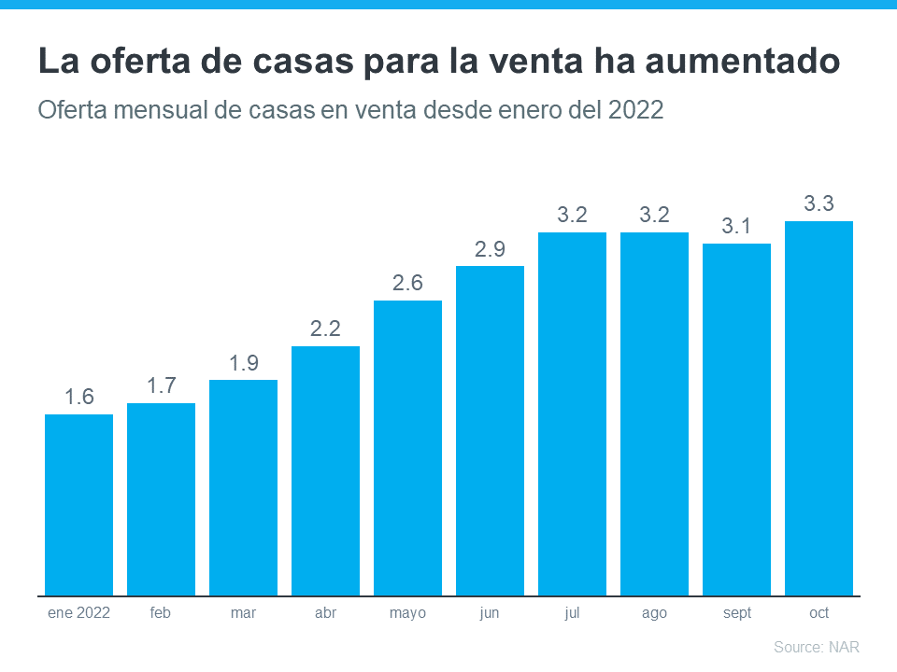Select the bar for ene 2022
click(78, 504)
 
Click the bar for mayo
click(407, 448)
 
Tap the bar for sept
click(736, 419)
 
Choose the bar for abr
click(325, 470)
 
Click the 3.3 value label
click(819, 203)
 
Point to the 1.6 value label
click(78, 397)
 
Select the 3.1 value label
click(736, 226)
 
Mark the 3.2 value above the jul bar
click(572, 215)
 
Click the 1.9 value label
click(243, 363)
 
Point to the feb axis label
click(161, 613)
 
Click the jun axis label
click(490, 613)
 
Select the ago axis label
click(654, 613)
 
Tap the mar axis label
click(243, 613)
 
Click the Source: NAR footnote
click(816, 647)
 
